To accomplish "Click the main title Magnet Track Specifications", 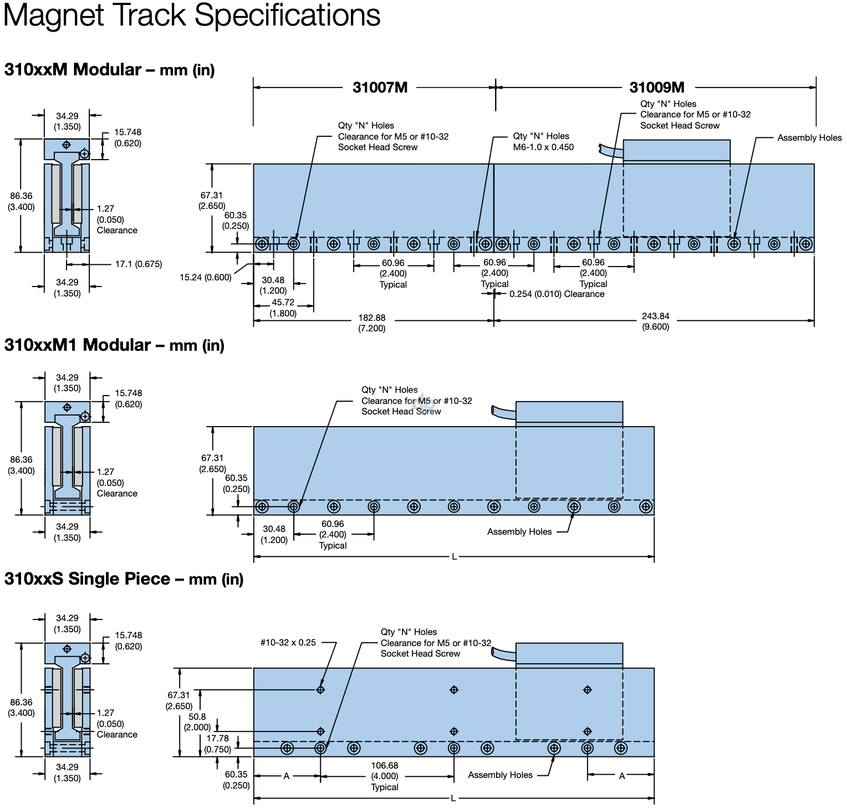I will (x=192, y=16).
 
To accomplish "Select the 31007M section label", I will (x=380, y=88).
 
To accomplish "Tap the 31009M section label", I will (x=657, y=88).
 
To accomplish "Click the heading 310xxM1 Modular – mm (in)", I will (x=114, y=345).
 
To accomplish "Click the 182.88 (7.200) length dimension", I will (x=371, y=322).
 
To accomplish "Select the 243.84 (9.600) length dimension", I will (x=655, y=321).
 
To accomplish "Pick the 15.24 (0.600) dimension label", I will (x=205, y=278).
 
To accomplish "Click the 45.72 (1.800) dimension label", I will (x=283, y=308).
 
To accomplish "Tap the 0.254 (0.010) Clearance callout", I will (x=557, y=294).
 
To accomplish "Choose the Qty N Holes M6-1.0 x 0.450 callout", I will (x=543, y=142).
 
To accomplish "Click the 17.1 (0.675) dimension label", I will (x=139, y=264).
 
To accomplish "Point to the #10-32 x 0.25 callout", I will (x=288, y=643).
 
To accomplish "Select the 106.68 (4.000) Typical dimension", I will (x=385, y=776).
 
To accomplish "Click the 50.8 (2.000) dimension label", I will (x=197, y=722).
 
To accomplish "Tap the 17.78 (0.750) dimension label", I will (x=217, y=744).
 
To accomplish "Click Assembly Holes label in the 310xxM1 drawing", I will (x=519, y=532).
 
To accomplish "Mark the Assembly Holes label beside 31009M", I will (x=809, y=138).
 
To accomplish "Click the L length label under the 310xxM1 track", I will (x=454, y=556).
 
